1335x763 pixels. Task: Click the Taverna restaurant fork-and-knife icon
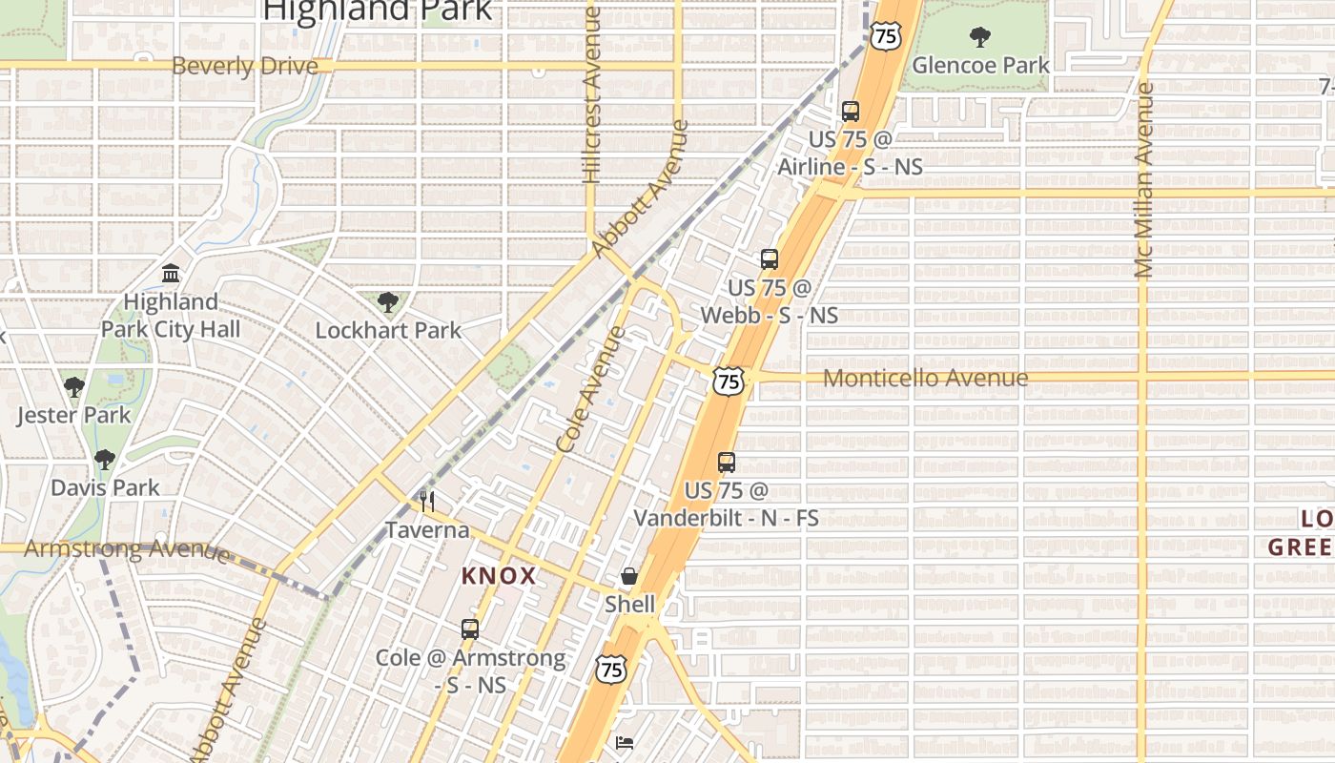[427, 501]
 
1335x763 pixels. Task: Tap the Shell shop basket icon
[629, 576]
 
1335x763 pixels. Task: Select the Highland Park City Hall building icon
[172, 275]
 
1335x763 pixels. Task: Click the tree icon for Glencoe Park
[978, 37]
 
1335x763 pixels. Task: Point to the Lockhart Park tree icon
[387, 303]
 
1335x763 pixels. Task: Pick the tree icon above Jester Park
[73, 387]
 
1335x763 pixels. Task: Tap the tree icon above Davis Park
[105, 460]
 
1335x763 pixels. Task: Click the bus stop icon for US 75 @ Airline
[851, 112]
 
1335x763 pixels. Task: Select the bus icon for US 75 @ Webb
[770, 259]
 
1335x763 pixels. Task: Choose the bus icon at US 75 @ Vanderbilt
[727, 464]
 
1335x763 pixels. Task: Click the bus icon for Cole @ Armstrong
[470, 629]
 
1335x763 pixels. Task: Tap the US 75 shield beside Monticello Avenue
[729, 381]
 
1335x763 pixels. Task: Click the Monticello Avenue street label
[925, 378]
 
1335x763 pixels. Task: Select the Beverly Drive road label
[245, 66]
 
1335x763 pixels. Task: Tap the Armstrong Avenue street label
[126, 549]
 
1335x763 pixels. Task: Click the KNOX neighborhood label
[499, 576]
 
